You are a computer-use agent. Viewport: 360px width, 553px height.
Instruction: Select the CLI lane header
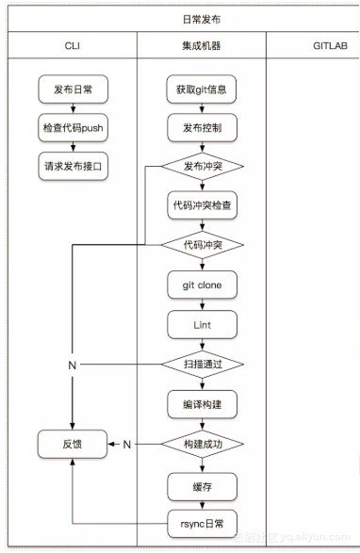tap(72, 45)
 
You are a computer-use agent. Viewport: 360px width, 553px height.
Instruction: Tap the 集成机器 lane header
tap(202, 45)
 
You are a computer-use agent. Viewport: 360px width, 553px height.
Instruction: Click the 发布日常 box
tap(73, 89)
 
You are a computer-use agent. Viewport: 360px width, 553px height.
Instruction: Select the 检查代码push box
tap(73, 126)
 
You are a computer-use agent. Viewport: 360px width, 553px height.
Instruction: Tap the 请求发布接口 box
tap(73, 163)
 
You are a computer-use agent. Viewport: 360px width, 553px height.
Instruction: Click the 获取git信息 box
tap(202, 89)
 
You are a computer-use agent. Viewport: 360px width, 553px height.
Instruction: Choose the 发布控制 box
tap(202, 126)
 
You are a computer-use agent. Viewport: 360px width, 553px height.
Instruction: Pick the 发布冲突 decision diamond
tap(202, 166)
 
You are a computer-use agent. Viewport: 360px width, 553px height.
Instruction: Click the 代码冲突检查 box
tap(202, 205)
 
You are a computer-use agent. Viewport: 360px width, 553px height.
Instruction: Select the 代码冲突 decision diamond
tap(202, 245)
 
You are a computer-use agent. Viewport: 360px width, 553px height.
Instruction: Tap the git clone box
tap(202, 285)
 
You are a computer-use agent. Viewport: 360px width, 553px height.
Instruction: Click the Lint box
tap(202, 324)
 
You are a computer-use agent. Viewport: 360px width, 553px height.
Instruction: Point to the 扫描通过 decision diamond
tap(202, 364)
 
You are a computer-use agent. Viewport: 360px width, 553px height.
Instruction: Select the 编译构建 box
tap(202, 403)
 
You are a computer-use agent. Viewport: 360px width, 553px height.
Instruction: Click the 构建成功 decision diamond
tap(202, 443)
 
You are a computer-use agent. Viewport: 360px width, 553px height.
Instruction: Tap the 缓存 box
tap(202, 485)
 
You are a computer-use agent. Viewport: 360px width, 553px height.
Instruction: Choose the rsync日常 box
tap(202, 523)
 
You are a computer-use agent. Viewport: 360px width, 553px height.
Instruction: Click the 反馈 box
tap(73, 443)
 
